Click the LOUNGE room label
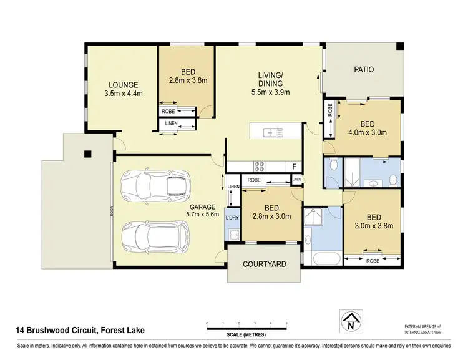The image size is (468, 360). [x=123, y=89]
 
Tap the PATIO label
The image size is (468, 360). [x=363, y=69]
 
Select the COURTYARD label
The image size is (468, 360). [x=264, y=264]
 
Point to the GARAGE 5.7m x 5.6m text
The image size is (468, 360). [x=202, y=210]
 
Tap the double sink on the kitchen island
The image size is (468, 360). [x=271, y=132]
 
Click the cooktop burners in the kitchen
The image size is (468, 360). [x=260, y=166]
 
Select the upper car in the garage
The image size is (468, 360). [x=156, y=185]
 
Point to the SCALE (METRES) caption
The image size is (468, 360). [x=246, y=335]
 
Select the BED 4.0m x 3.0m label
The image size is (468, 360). [x=371, y=127]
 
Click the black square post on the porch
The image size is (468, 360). [x=88, y=153]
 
